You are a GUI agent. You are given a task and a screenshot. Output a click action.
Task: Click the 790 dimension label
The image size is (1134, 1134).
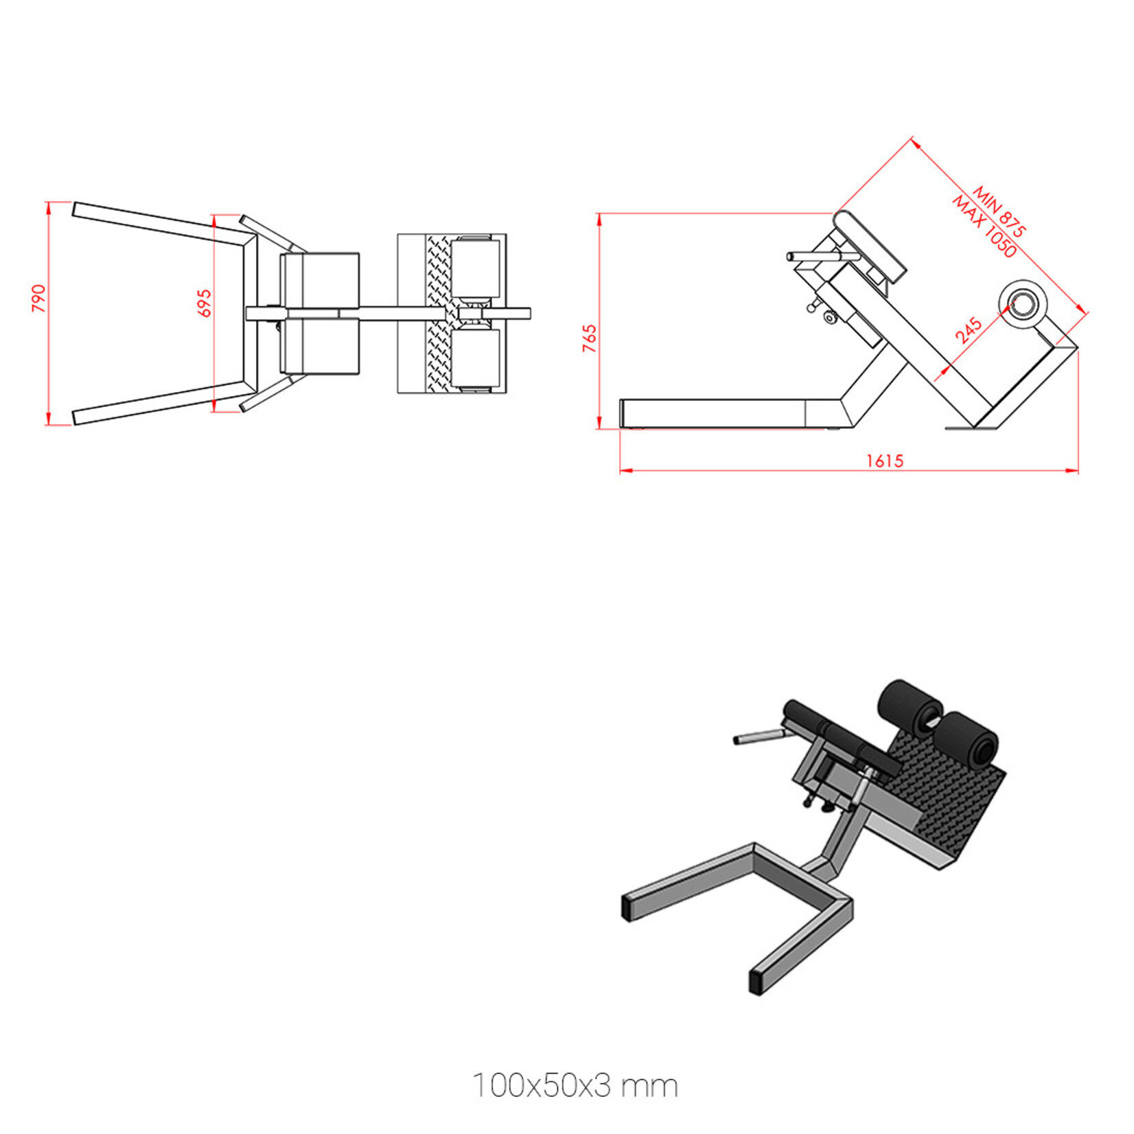39,299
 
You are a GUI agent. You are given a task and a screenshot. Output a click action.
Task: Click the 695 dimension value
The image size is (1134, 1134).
205,303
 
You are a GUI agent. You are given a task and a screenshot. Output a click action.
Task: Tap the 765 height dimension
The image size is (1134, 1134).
590,338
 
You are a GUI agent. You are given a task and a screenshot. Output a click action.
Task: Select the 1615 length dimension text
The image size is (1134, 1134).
885,461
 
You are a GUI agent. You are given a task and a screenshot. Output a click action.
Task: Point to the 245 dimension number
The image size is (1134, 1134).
968,330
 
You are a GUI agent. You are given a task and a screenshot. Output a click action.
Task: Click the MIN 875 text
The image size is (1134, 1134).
999,211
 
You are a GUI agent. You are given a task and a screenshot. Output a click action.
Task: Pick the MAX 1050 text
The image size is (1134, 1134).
984,227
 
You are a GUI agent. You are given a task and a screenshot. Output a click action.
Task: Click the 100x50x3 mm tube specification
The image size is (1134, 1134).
575,1085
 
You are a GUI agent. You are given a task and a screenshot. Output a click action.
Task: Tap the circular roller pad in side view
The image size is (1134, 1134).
1023,304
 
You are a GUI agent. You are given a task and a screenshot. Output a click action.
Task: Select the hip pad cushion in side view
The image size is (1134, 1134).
870,246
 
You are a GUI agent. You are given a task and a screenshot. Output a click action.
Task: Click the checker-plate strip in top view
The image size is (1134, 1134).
439,313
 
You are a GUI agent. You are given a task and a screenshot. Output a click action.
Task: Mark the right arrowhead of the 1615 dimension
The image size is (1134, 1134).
1074,471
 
